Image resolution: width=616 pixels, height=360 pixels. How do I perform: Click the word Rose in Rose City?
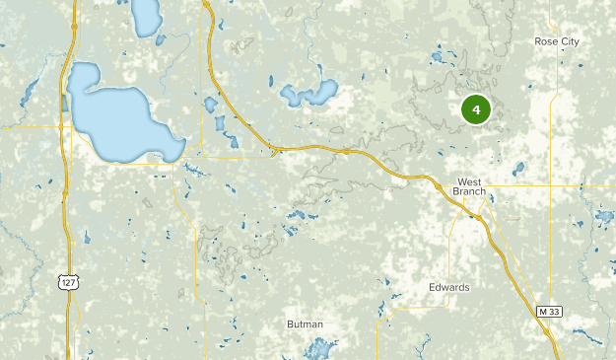[x=547, y=41]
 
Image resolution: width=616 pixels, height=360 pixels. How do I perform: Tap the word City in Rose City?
[x=570, y=41]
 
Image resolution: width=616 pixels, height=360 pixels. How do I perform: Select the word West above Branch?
[x=468, y=181]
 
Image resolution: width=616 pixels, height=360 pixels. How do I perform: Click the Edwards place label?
[x=448, y=288]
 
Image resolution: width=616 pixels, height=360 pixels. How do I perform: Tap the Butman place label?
[x=304, y=324]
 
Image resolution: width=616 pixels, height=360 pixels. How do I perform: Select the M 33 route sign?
[x=549, y=311]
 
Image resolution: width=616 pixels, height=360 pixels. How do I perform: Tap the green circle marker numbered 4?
[x=476, y=109]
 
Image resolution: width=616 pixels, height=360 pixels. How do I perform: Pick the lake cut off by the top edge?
[x=147, y=14]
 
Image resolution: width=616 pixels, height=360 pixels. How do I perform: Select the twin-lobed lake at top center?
[x=308, y=95]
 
